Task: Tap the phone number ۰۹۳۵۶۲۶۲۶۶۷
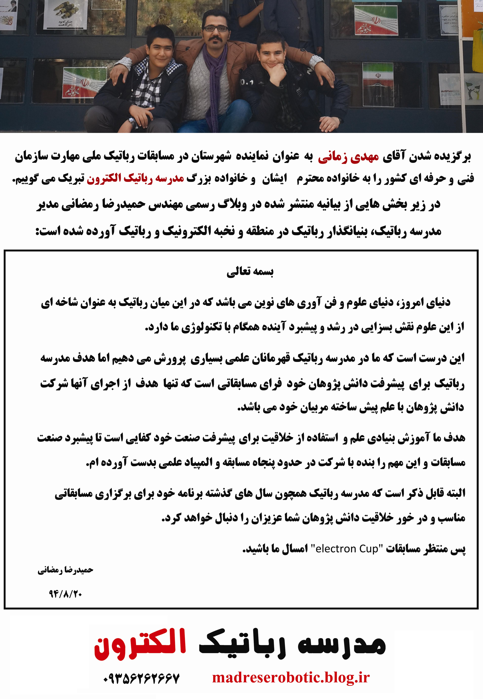(x=141, y=678)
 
